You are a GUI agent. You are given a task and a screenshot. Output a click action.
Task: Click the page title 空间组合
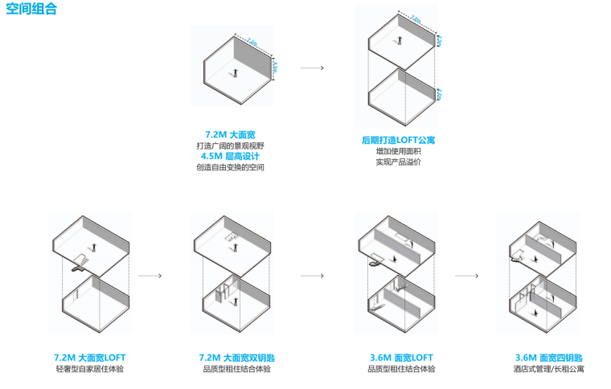[31, 12]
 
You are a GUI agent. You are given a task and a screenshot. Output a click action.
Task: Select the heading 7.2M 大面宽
[230, 133]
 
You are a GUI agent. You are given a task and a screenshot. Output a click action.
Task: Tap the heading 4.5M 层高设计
[230, 156]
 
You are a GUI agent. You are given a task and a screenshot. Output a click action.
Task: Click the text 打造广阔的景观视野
[230, 145]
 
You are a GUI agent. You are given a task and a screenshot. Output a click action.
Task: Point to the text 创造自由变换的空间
[230, 167]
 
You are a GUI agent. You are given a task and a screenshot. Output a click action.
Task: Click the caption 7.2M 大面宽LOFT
[90, 358]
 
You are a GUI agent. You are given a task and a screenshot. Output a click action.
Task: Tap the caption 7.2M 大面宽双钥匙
[236, 358]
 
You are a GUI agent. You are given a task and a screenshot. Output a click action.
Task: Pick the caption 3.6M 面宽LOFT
[400, 358]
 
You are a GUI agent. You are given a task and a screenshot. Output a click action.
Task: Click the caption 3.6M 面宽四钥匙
[549, 358]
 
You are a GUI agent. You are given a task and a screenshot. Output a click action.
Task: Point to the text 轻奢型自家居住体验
[90, 369]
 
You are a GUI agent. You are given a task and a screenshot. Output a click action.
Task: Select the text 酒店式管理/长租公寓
[549, 369]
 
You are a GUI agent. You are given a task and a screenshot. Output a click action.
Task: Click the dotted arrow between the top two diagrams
[312, 68]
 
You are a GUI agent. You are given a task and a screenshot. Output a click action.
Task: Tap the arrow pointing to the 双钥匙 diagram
[150, 276]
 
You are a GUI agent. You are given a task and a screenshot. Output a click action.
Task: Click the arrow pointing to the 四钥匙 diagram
[467, 276]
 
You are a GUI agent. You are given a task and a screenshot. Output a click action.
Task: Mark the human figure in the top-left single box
[236, 73]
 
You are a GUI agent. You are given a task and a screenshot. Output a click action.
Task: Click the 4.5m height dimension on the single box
[274, 68]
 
